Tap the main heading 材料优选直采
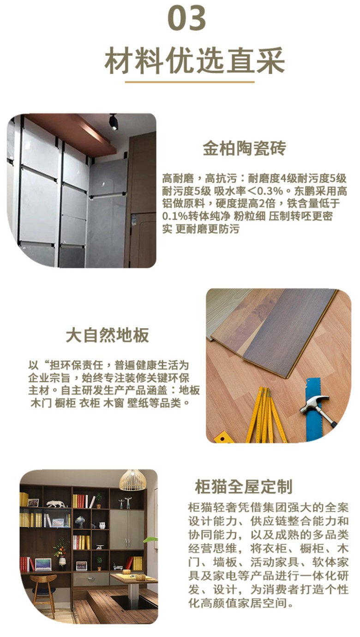pos(194,60)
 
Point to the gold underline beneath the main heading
pos(190,82)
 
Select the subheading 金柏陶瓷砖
pos(244,148)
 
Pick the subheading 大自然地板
pos(108,335)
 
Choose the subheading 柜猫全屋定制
pos(243,487)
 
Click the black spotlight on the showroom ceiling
pos(113,122)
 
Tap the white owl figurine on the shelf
pos(102,525)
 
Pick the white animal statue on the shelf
pos(57,504)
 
